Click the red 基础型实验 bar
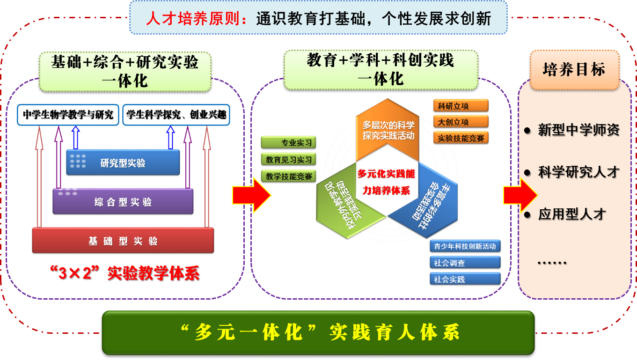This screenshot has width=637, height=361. click(123, 241)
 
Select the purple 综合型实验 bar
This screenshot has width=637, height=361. click(123, 202)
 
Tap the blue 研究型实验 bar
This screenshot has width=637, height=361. click(123, 162)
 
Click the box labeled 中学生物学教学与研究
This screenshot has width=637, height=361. click(68, 115)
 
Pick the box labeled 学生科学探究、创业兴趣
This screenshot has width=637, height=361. click(177, 115)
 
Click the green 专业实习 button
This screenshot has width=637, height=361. click(289, 143)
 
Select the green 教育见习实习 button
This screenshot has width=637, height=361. click(289, 160)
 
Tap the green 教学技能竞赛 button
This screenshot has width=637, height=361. click(289, 177)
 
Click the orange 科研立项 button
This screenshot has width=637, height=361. click(461, 106)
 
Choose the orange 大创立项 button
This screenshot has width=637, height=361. click(461, 122)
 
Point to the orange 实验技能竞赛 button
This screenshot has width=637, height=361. click(461, 138)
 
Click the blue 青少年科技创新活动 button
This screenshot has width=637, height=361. click(465, 246)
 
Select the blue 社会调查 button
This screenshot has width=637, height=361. click(465, 263)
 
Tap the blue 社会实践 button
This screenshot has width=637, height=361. click(465, 279)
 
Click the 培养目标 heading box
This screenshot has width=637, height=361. click(574, 70)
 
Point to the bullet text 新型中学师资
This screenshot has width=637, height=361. click(578, 130)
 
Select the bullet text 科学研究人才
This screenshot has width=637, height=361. click(578, 172)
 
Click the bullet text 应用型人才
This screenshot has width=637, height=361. click(572, 214)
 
